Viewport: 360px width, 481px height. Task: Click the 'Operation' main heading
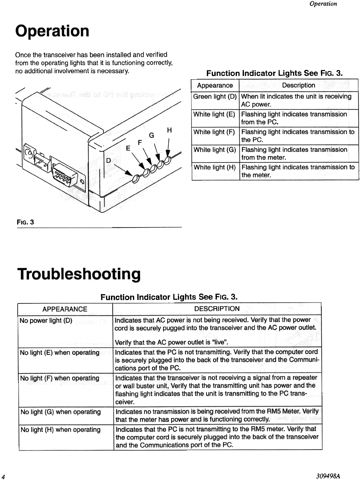pos(52,31)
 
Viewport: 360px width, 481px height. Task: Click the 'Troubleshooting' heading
pos(79,274)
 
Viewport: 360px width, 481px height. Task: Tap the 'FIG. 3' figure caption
pos(26,222)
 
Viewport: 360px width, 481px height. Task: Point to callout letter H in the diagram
pos(169,130)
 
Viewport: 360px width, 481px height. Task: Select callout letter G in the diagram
pos(151,135)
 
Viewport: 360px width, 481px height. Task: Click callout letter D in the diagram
pos(108,160)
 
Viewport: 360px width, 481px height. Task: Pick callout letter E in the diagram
pos(128,148)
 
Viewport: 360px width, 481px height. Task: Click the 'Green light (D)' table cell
pos(215,97)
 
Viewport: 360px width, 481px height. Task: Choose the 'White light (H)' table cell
pos(215,167)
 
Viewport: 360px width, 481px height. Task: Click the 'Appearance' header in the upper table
pos(215,85)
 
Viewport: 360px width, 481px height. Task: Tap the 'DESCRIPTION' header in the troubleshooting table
pos(217,309)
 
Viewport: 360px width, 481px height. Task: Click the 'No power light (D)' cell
pos(46,320)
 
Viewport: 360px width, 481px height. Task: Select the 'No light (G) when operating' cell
pos(61,412)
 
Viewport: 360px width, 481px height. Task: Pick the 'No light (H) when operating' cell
pos(61,430)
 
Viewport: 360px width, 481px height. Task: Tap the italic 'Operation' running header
pos(323,4)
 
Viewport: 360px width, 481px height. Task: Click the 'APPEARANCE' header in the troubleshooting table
pos(65,309)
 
